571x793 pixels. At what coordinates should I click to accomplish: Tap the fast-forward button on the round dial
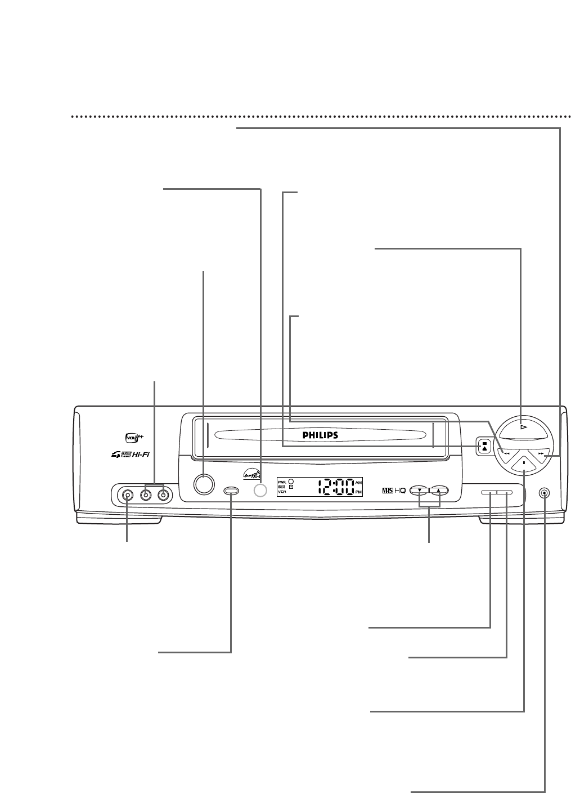tap(541, 452)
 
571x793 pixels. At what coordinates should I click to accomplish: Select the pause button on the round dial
tap(524, 463)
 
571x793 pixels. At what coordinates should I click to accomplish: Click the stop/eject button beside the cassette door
tap(484, 445)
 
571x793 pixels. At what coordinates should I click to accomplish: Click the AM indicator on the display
tap(359, 483)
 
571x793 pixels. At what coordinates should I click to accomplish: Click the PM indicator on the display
tap(359, 492)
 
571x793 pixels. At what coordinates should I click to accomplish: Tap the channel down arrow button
tap(419, 490)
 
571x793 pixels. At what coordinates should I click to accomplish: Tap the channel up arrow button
tap(438, 490)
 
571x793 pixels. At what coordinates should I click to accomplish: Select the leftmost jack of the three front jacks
tap(128, 495)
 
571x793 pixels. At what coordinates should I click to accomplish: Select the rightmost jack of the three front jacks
tap(164, 495)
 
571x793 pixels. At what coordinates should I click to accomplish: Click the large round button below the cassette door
tap(203, 484)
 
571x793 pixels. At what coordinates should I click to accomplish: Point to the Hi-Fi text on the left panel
tap(138, 455)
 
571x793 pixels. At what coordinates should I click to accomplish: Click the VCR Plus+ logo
tap(131, 436)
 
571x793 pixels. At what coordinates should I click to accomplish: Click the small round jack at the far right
tap(544, 493)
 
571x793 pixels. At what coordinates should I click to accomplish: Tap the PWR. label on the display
tap(282, 482)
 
